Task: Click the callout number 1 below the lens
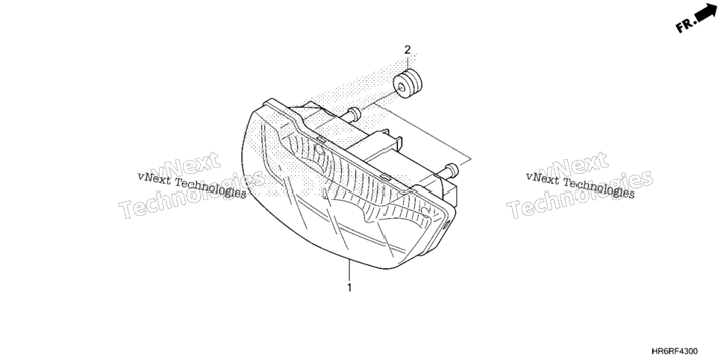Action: [x=349, y=288]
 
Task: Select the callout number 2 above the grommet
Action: [x=408, y=50]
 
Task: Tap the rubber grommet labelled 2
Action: [x=408, y=84]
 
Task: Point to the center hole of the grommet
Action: [x=402, y=87]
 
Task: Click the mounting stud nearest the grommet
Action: [x=353, y=114]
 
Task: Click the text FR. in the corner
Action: [x=684, y=25]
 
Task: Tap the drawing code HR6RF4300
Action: [x=675, y=351]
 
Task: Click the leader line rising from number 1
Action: [x=349, y=270]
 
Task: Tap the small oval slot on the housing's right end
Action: [x=447, y=225]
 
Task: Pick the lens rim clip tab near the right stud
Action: [x=385, y=177]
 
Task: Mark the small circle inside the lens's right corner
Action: [x=423, y=211]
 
